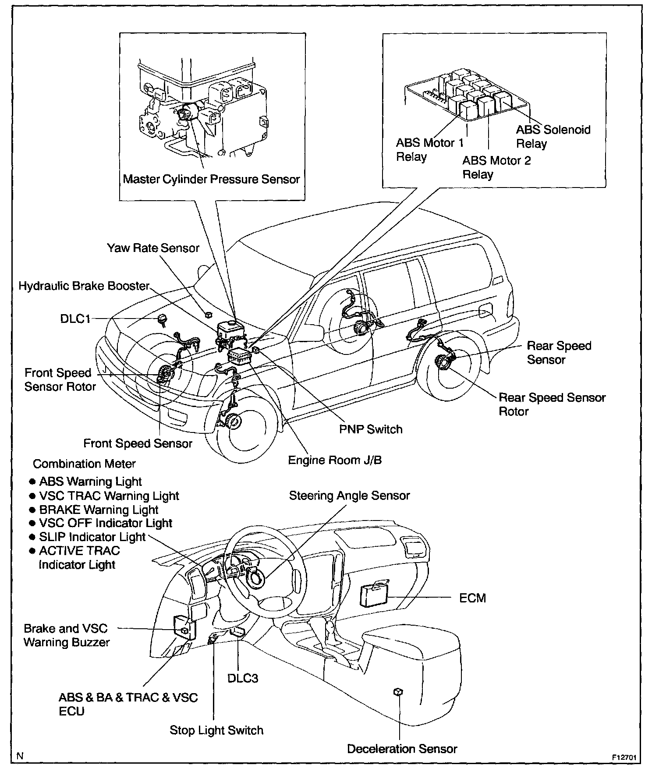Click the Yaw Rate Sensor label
point(153,248)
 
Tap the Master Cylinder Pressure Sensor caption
point(211,179)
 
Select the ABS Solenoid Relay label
point(553,136)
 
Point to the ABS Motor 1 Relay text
point(429,149)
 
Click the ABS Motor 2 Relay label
point(496,167)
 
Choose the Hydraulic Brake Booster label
point(84,286)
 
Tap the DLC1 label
point(75,319)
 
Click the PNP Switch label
point(371,429)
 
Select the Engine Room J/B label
point(335,460)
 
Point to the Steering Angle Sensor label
point(349,496)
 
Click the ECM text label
point(472,598)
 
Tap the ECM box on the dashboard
point(374,595)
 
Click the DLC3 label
point(243,678)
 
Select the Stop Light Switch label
point(216,730)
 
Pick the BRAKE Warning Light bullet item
point(98,510)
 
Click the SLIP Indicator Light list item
point(92,537)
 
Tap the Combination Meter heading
point(84,464)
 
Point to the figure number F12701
point(624,757)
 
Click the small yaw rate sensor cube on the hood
point(209,314)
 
